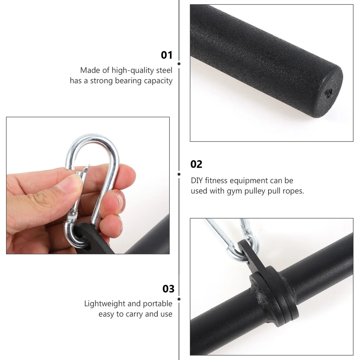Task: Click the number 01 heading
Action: coord(167,55)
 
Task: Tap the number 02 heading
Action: coord(196,164)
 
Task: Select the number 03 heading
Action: coord(168,289)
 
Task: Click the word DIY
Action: coord(198,180)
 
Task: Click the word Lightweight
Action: coord(104,304)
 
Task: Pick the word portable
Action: coord(158,304)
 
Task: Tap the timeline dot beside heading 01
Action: coord(179,64)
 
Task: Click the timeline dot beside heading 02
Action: coord(179,174)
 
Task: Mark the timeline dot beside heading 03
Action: coord(179,298)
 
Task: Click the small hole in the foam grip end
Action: coord(328,94)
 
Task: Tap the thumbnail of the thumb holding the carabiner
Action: coord(70,184)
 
